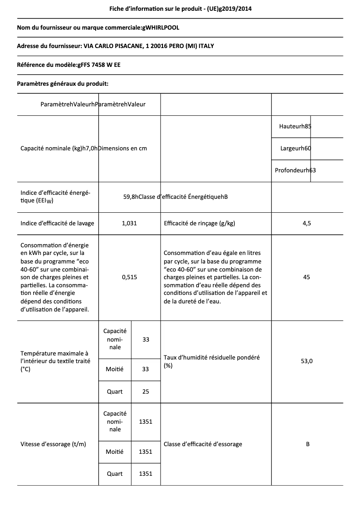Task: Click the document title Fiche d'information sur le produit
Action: tap(180, 9)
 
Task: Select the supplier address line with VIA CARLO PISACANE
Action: tap(119, 46)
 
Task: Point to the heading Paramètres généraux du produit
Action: tap(62, 83)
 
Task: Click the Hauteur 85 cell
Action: tap(295, 127)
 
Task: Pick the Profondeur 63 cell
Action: tap(295, 171)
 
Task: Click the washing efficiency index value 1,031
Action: tap(129, 223)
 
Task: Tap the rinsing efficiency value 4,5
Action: tap(307, 223)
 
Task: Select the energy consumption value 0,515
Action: tap(129, 277)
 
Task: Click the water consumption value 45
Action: tap(307, 277)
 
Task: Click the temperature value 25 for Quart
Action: tap(145, 391)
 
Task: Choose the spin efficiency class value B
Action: tap(307, 444)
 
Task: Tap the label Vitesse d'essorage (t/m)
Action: tap(53, 444)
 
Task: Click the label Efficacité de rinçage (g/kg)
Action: tap(200, 223)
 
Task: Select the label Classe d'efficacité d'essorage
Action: tap(203, 444)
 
